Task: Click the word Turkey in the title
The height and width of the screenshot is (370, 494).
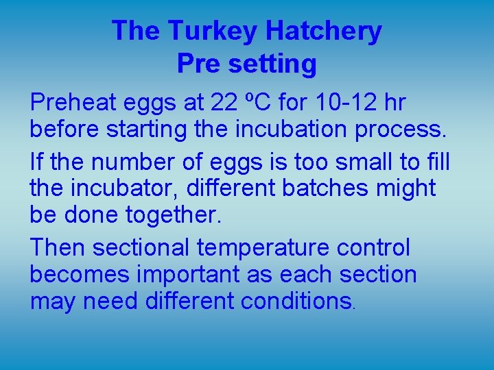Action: point(212,31)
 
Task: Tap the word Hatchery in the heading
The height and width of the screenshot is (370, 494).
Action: point(323,31)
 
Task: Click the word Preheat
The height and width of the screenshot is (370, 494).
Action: point(73,103)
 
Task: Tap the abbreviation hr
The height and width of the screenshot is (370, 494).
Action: point(393,103)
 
